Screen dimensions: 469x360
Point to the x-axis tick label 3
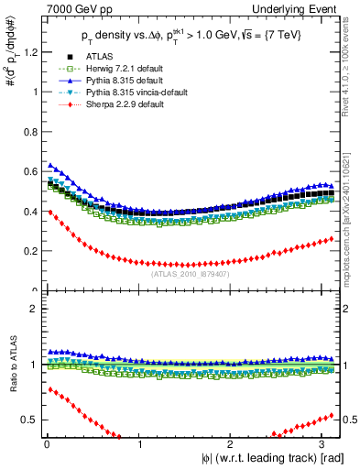pyautogui.click(x=325, y=443)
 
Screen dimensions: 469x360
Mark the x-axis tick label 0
pyautogui.click(x=47, y=443)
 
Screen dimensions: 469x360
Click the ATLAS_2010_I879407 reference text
pyautogui.click(x=190, y=273)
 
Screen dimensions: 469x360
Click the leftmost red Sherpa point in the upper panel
pyautogui.click(x=50, y=212)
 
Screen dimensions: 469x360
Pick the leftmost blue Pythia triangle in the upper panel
pyautogui.click(x=50, y=166)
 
